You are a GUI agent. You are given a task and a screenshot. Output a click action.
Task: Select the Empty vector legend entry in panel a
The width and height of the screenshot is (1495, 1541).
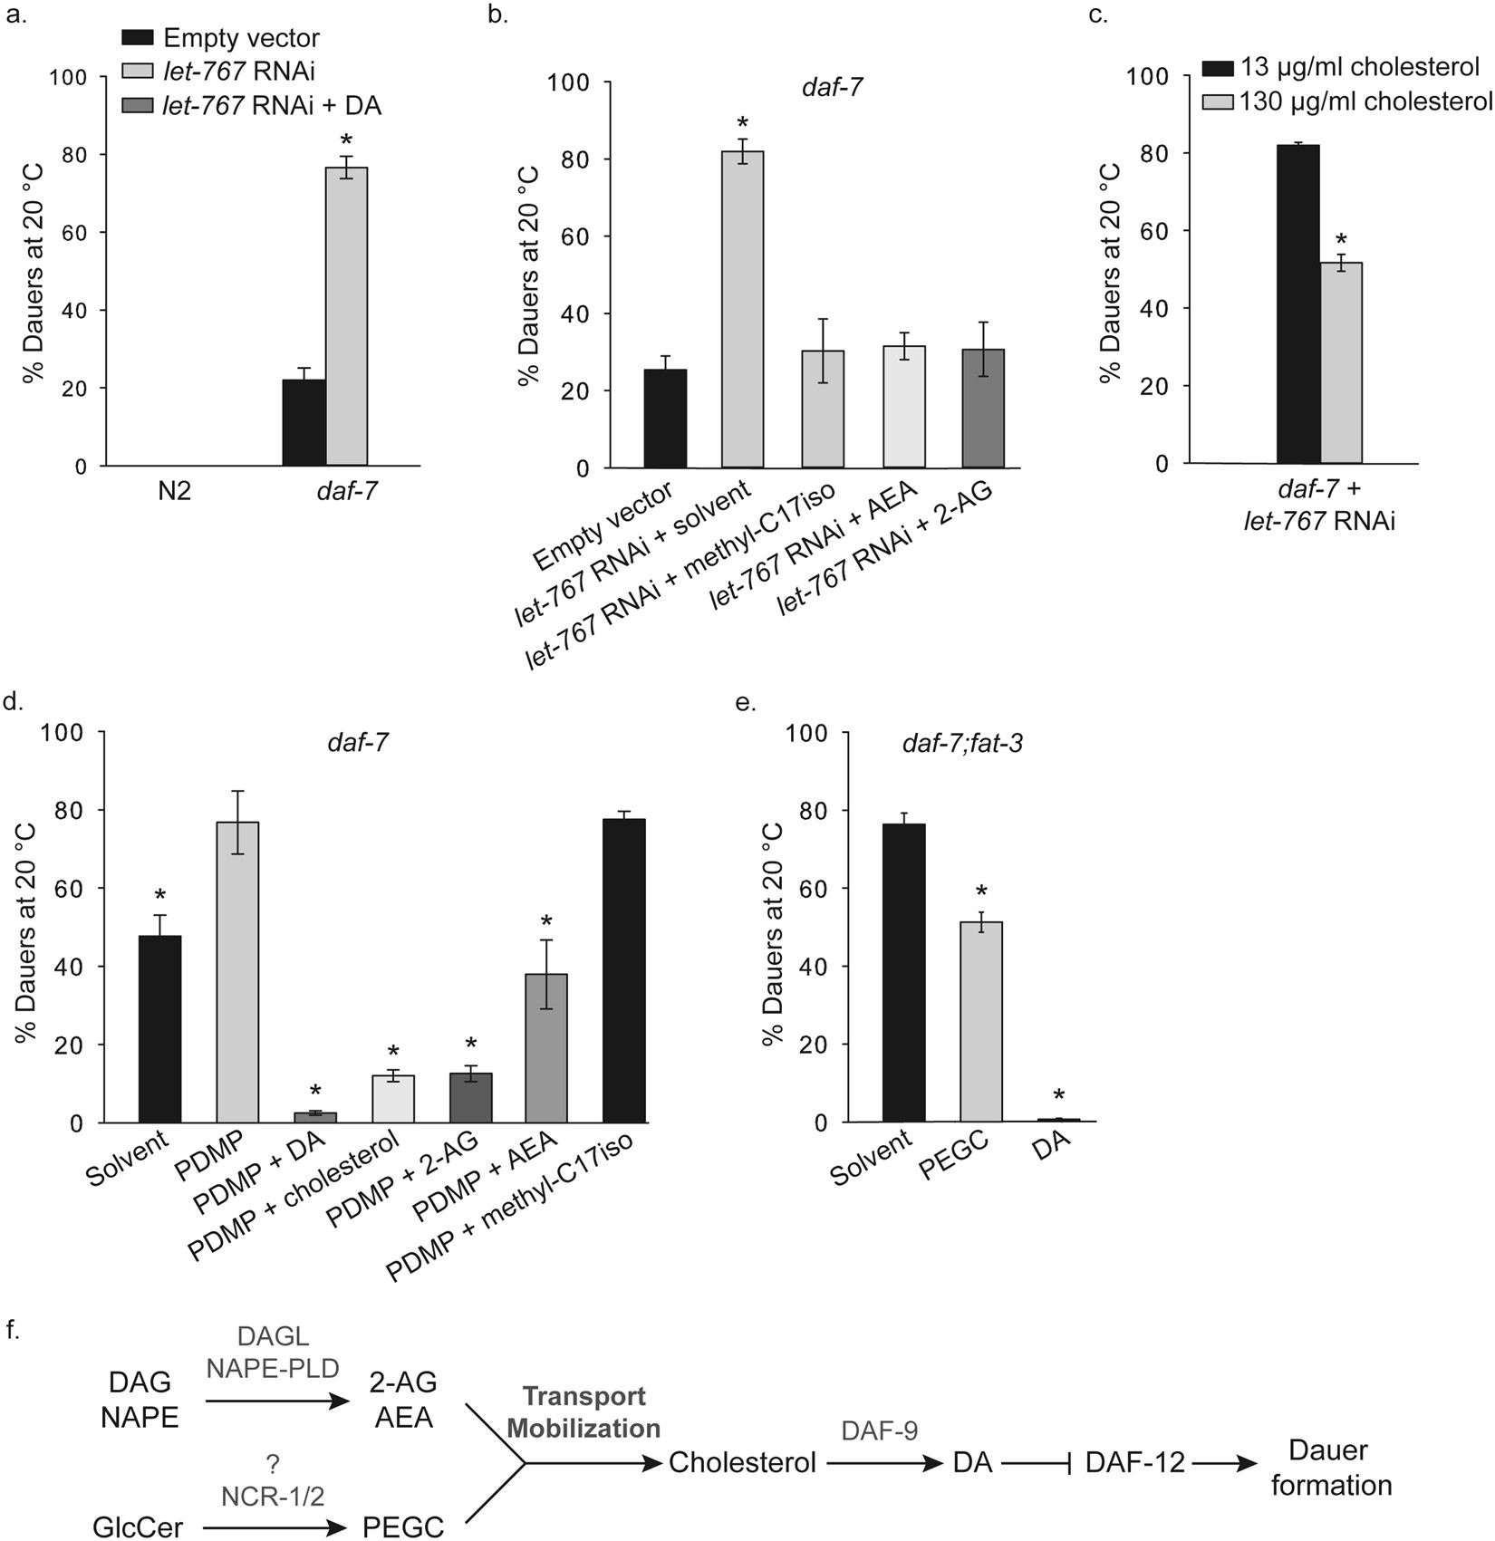pos(221,38)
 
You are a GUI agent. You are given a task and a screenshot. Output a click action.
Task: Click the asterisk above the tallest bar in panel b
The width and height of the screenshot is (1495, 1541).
pos(742,123)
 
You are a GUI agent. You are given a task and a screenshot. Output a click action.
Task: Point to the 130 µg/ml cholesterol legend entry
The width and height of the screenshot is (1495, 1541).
pos(1346,101)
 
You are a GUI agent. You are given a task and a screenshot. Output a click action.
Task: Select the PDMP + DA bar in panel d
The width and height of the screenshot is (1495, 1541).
pos(315,1116)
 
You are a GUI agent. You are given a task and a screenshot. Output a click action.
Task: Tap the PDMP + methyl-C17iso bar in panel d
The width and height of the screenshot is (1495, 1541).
pos(624,970)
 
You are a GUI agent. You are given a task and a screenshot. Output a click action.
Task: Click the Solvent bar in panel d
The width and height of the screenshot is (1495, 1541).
pos(160,1029)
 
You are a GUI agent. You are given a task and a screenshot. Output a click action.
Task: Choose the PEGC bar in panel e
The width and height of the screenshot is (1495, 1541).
pos(981,1021)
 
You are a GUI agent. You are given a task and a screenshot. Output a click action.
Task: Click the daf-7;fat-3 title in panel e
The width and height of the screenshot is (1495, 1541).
pos(962,746)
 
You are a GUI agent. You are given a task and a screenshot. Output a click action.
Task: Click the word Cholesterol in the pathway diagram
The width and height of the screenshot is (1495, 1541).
pos(742,1462)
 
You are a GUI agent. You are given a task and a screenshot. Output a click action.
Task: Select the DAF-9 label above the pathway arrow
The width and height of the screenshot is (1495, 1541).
pos(879,1430)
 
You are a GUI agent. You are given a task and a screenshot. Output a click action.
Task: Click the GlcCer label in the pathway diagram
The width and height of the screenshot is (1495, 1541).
pos(138,1527)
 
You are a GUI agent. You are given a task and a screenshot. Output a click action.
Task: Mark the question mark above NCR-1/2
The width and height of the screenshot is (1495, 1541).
pos(271,1465)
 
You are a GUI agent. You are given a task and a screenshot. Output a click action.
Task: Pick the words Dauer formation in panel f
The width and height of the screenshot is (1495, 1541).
pos(1330,1468)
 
